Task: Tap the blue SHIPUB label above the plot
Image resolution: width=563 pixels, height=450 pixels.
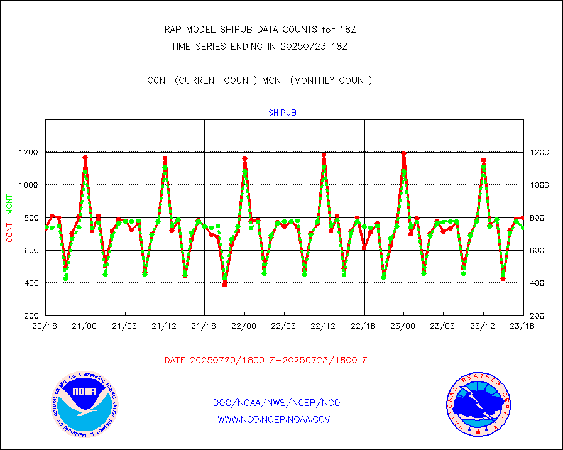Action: pyautogui.click(x=282, y=113)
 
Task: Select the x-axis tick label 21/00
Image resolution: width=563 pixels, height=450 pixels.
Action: pyautogui.click(x=85, y=326)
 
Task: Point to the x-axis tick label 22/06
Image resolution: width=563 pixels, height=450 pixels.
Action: pyautogui.click(x=284, y=326)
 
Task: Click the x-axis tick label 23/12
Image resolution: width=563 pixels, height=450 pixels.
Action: pyautogui.click(x=483, y=326)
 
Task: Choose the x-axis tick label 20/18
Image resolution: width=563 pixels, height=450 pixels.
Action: pyautogui.click(x=45, y=326)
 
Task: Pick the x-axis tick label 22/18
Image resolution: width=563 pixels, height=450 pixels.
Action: pyautogui.click(x=364, y=326)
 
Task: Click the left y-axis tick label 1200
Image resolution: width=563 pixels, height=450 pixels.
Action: pyautogui.click(x=29, y=153)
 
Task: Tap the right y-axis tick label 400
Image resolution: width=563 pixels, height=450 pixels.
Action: pyautogui.click(x=539, y=283)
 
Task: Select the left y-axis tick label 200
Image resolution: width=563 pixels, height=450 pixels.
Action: pyautogui.click(x=31, y=316)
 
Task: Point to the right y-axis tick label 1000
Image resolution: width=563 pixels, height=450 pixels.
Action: pyautogui.click(x=541, y=185)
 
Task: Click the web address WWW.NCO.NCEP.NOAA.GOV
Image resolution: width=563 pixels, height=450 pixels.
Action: pyautogui.click(x=273, y=420)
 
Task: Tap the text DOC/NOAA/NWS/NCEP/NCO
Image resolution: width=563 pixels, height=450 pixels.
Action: pyautogui.click(x=276, y=403)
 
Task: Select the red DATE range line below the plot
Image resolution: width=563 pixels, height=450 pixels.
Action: pyautogui.click(x=266, y=361)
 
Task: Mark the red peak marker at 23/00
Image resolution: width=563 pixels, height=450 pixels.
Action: pyautogui.click(x=403, y=154)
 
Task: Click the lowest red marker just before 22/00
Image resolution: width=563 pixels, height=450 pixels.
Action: pyautogui.click(x=224, y=285)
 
